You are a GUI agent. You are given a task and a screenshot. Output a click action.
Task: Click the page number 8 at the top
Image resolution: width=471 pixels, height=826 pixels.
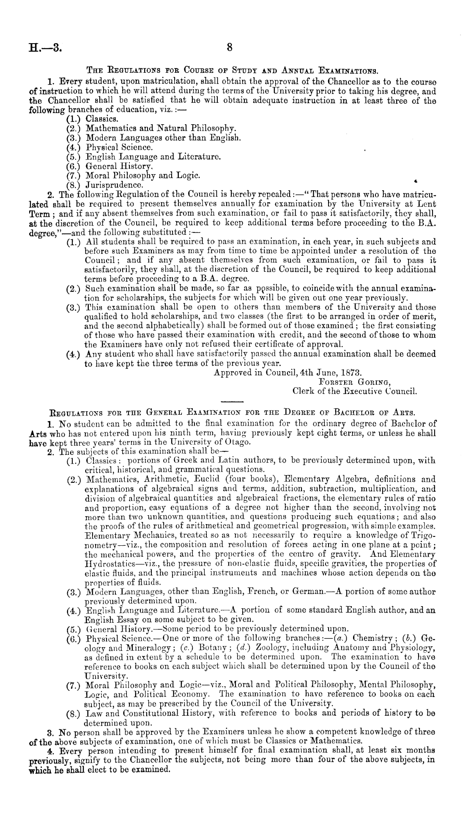coord(230,48)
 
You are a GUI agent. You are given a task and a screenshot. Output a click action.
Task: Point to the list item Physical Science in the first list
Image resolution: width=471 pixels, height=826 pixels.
coord(119,148)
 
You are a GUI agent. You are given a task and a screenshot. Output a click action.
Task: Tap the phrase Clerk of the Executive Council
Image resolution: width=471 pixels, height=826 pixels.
coord(354,391)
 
